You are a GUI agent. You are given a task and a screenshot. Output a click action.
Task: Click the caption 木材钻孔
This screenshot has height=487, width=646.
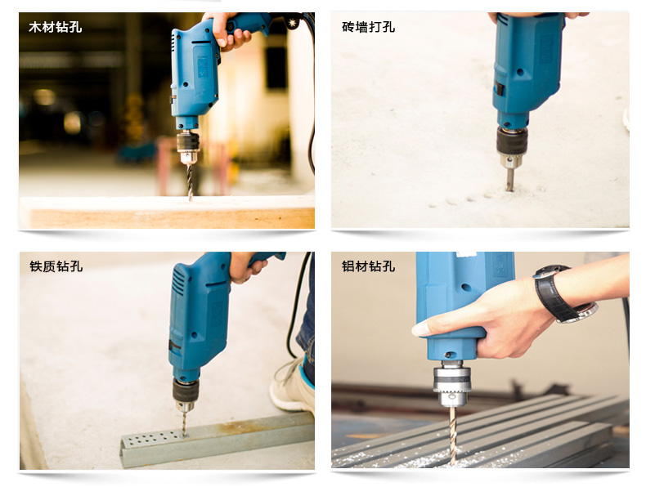pos(56,27)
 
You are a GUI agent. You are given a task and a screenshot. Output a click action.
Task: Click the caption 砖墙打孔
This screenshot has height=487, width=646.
pos(368,27)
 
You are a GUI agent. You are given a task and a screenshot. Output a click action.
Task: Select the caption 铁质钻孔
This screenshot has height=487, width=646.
pos(56,266)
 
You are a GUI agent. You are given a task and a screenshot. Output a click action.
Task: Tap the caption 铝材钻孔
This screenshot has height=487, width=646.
pos(368,266)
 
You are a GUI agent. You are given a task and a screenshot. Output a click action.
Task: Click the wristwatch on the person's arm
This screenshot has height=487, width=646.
pos(564,293)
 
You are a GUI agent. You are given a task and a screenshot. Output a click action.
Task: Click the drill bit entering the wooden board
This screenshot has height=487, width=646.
pos(190,183)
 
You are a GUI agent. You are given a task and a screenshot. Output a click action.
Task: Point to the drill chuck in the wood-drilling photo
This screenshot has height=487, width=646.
pos(189,147)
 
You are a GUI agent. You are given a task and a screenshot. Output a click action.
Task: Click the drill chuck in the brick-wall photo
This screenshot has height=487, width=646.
pos(512,147)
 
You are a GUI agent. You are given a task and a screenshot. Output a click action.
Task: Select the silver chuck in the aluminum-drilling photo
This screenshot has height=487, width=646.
pos(452,383)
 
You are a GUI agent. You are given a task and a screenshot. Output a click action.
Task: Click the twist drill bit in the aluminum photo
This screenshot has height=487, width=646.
pos(453,436)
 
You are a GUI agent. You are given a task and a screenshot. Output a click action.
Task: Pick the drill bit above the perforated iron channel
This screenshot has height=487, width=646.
pos(184,423)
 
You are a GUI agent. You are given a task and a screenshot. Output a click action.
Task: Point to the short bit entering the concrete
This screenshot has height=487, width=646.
pos(510,180)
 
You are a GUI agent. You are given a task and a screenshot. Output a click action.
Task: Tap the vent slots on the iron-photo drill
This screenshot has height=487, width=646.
pos(179,282)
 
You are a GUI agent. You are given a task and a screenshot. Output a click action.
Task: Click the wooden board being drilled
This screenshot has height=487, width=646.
pos(168,212)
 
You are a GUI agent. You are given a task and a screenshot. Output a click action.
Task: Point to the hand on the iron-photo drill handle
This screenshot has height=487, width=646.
pos(245,266)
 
